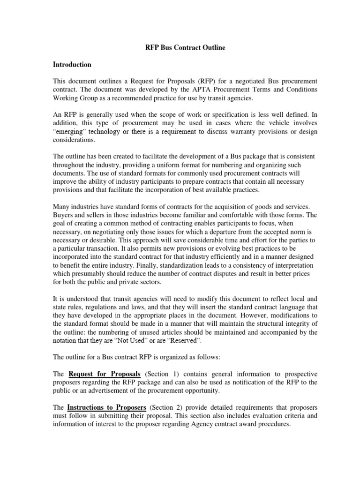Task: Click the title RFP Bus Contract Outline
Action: click(180, 48)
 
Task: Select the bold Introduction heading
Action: click(72, 64)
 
